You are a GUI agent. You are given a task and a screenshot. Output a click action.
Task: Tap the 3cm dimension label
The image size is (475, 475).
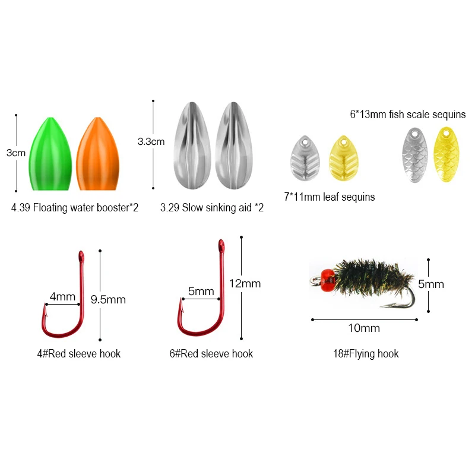16,153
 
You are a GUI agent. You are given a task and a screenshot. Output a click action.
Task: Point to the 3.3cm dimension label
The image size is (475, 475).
151,142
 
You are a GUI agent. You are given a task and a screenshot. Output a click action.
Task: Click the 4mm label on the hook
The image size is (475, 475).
62,296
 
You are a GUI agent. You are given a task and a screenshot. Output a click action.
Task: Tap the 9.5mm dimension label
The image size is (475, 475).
108,300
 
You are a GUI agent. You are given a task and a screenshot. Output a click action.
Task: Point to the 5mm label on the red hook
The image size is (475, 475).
201,292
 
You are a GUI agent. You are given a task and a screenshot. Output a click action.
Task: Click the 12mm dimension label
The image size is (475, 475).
245,283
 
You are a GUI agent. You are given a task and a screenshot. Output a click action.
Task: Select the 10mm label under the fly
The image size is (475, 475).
364,328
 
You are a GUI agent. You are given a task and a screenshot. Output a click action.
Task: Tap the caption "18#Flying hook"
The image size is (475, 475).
366,354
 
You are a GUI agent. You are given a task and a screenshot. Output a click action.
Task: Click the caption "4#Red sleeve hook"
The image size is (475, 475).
78,354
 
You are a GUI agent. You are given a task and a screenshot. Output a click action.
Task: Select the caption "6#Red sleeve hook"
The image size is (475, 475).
211,354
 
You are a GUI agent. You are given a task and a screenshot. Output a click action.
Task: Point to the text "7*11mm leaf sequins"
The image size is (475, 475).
330,197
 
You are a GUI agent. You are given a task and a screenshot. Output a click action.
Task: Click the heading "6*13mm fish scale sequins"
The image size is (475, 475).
407,114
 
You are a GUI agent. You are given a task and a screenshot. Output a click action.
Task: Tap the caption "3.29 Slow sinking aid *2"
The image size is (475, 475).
212,208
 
